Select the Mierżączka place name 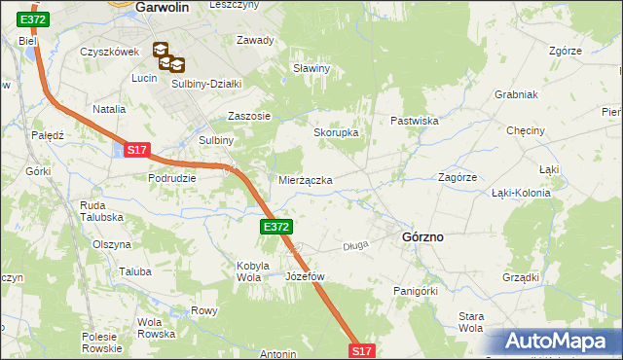pos(306,181)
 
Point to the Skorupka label pos(336,132)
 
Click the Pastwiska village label pos(416,121)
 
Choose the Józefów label pos(305,276)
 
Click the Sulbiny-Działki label pos(206,84)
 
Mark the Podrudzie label pos(172,178)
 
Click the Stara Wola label pos(471,322)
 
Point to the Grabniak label pos(517,95)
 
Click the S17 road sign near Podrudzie pos(137,150)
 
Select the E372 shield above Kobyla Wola pos(275,227)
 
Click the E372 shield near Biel pos(32,19)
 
